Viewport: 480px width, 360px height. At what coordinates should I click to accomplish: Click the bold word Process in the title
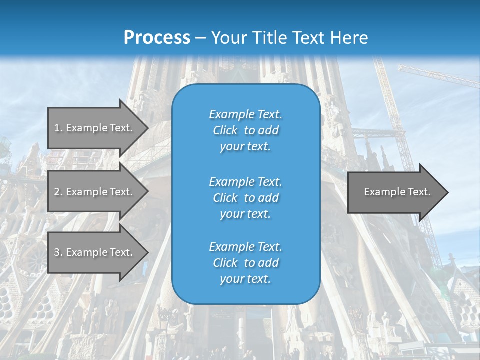157,37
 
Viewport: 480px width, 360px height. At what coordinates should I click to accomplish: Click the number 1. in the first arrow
58,128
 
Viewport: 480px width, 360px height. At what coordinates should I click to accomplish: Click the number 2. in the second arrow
58,192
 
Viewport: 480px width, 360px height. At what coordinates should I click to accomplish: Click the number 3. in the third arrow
58,252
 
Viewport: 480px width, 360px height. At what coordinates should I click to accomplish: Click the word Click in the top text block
225,130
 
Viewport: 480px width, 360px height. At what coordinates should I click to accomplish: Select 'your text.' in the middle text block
245,214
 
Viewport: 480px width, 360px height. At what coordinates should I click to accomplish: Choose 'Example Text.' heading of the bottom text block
245,246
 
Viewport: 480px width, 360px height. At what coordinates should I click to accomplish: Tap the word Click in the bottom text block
225,263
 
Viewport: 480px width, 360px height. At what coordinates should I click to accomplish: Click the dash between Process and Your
200,38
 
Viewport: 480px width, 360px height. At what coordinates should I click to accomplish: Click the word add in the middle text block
269,198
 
